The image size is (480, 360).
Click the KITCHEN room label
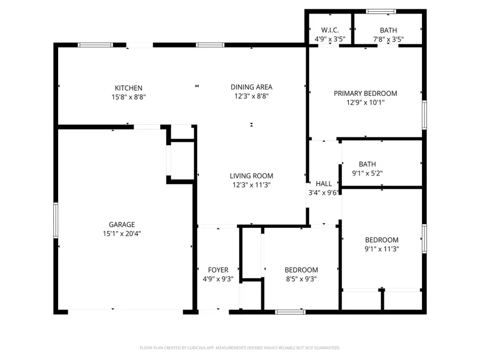click(129, 88)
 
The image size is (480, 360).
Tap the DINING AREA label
click(251, 87)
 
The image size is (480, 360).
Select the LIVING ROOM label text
click(251, 176)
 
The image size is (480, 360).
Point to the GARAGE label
click(122, 225)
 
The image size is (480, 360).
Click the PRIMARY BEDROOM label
click(365, 93)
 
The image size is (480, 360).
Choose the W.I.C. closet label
click(330, 30)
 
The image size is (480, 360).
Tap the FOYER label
click(218, 270)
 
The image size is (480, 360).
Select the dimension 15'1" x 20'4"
click(122, 233)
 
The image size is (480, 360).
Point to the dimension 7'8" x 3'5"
click(388, 39)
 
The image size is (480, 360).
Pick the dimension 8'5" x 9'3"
click(301, 278)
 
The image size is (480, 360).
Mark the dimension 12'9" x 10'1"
click(365, 102)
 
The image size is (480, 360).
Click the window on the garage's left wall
click(55, 220)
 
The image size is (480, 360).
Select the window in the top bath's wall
click(381, 11)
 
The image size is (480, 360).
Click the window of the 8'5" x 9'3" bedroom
click(290, 311)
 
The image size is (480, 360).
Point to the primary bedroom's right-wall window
click(424, 114)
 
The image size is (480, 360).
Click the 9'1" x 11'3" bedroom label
click(382, 240)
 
